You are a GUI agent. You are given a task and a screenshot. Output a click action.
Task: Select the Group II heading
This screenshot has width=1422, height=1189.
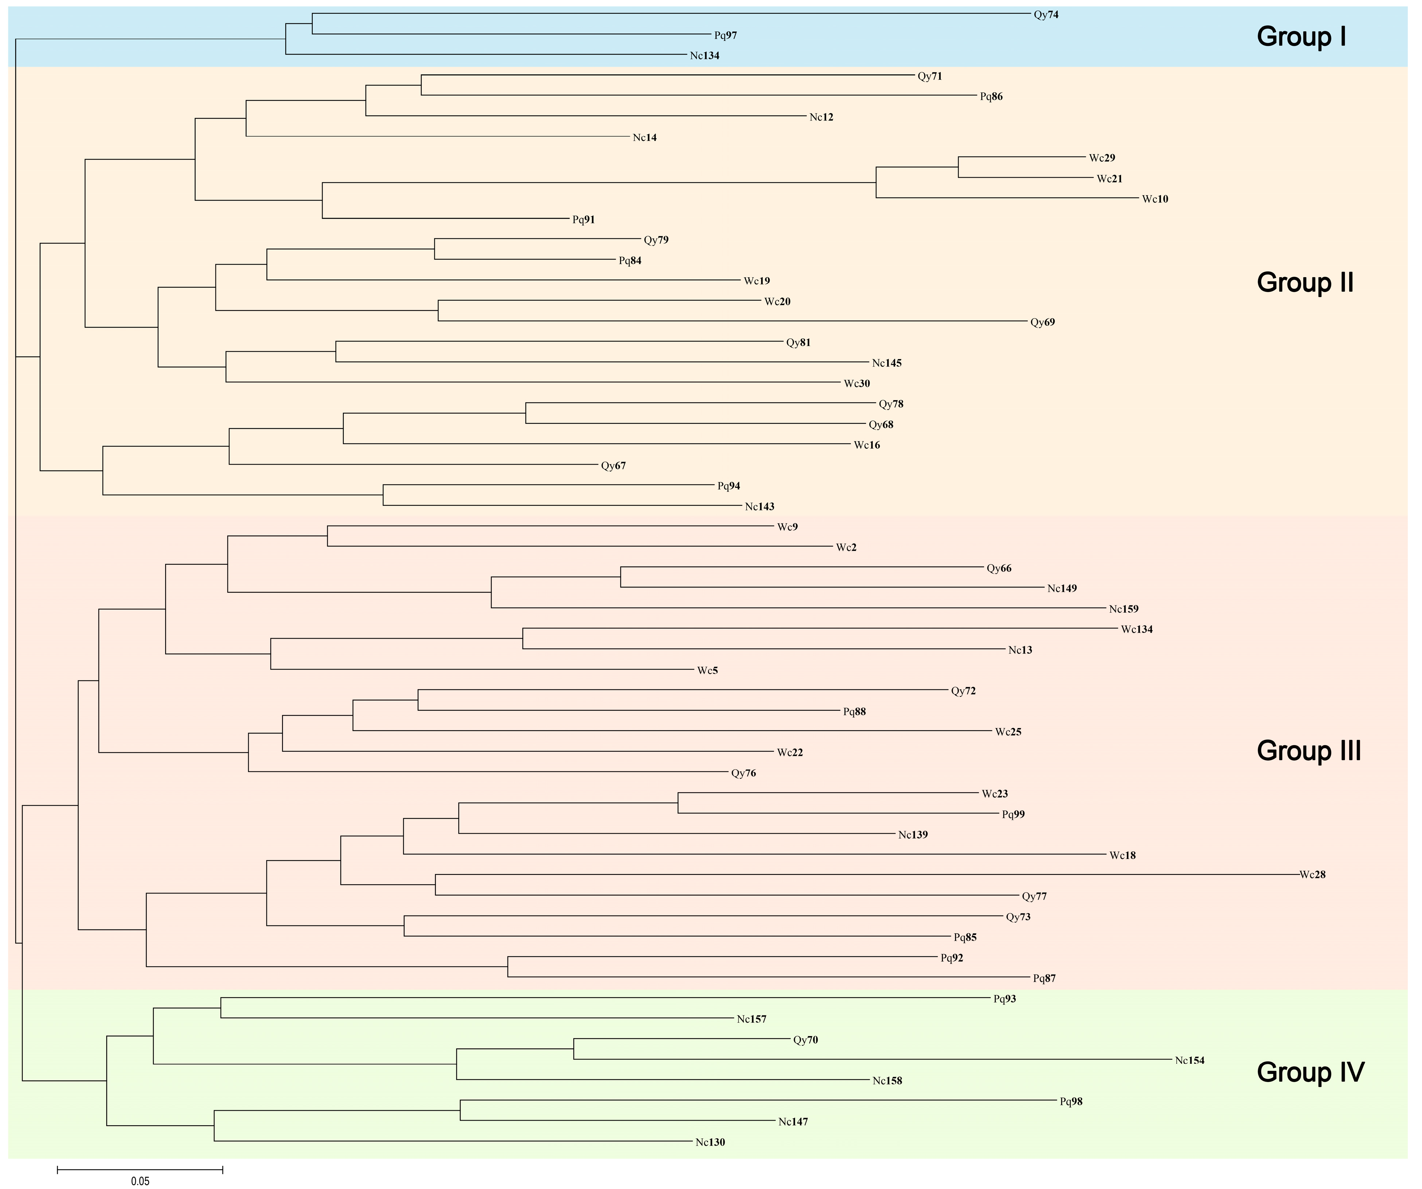(1305, 283)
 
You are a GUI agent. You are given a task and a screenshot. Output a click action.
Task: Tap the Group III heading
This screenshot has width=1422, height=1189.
(1308, 751)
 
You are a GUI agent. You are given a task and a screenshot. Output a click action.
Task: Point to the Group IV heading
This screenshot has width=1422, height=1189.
(1310, 1072)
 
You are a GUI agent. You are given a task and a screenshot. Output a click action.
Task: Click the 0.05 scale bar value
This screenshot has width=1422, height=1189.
(140, 1182)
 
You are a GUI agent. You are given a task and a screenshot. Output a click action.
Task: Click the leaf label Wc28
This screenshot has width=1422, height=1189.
(1312, 875)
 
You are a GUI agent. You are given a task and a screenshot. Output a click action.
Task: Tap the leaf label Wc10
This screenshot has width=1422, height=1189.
(1154, 199)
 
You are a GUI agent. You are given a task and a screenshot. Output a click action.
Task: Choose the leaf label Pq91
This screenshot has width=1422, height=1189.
(583, 220)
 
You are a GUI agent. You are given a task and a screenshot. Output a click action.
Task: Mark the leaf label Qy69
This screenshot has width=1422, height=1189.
(1042, 322)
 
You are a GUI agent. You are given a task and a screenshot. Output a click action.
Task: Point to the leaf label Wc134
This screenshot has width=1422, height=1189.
(1136, 630)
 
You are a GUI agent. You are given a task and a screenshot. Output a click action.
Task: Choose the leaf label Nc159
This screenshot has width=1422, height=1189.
(1123, 609)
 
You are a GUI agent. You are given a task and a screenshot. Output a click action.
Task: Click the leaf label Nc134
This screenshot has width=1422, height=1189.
(704, 56)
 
